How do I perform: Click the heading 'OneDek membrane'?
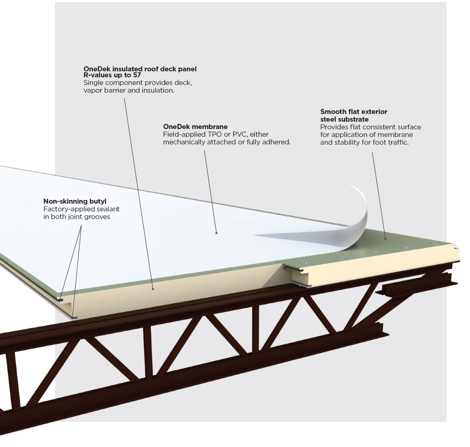click(195, 127)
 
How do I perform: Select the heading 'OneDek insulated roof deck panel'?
click(140, 69)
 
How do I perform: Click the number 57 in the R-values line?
click(137, 75)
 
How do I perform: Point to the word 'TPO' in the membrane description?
click(215, 135)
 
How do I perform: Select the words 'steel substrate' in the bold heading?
click(344, 119)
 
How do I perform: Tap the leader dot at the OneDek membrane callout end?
click(216, 233)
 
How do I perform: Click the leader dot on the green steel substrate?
click(386, 238)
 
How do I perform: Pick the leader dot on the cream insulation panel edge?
click(153, 289)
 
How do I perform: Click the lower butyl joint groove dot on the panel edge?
click(73, 317)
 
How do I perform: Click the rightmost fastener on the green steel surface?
click(436, 243)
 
